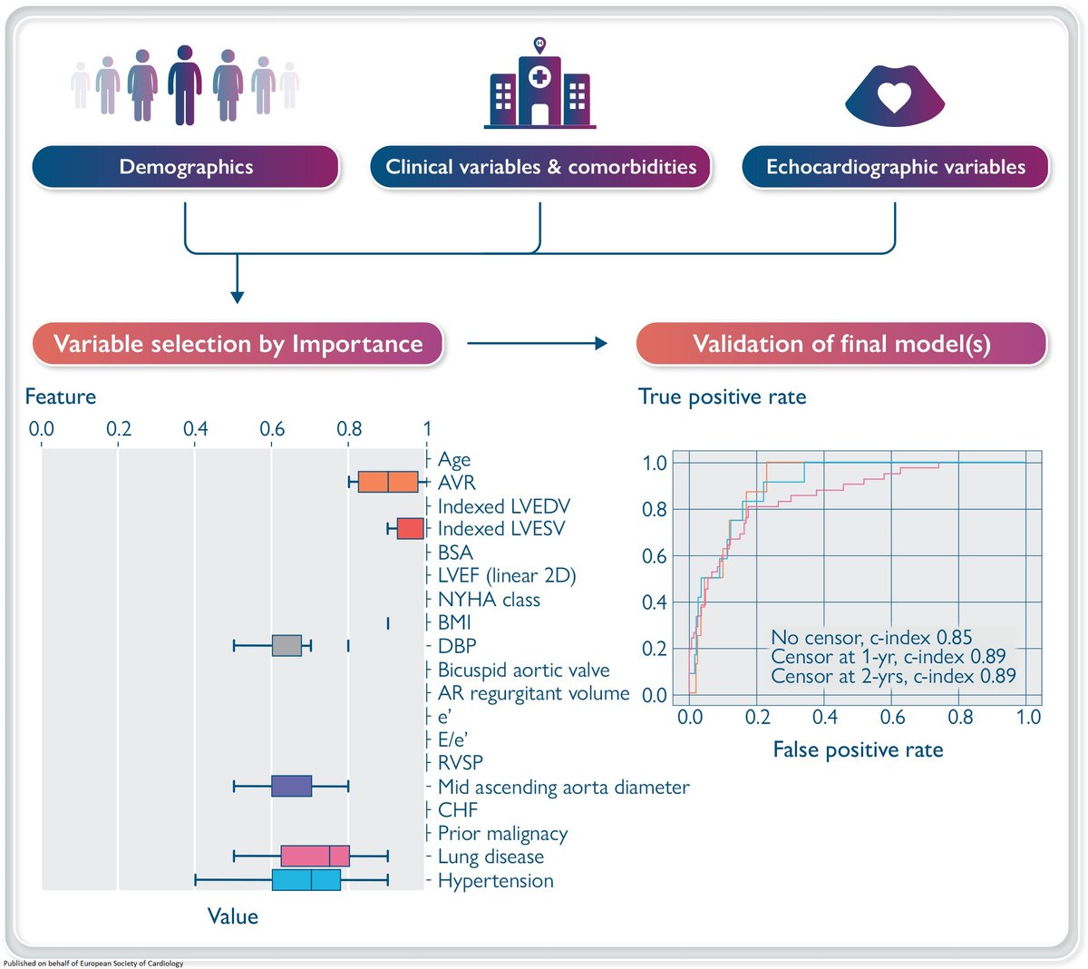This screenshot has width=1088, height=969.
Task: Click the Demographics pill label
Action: pyautogui.click(x=186, y=167)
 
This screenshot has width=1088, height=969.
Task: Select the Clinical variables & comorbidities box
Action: pyautogui.click(x=540, y=167)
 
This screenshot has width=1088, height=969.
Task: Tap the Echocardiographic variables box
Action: pyautogui.click(x=895, y=167)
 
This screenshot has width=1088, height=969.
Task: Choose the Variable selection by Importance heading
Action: pyautogui.click(x=238, y=344)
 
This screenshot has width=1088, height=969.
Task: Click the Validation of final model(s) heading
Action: pyautogui.click(x=841, y=344)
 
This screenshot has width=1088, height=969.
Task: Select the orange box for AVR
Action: pyautogui.click(x=388, y=482)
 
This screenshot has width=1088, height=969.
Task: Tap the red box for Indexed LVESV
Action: pyautogui.click(x=410, y=529)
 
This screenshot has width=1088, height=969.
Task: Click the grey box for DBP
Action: pyautogui.click(x=287, y=645)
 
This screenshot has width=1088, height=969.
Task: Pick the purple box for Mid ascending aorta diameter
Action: pyautogui.click(x=291, y=786)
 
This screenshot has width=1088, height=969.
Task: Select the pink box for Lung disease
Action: pyautogui.click(x=315, y=856)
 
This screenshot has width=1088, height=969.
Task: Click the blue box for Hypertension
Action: pyautogui.click(x=306, y=879)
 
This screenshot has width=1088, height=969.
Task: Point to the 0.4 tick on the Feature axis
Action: pyautogui.click(x=195, y=428)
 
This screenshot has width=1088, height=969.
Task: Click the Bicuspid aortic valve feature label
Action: pyautogui.click(x=523, y=670)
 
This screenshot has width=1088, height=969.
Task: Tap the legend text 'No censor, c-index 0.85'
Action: pyautogui.click(x=870, y=637)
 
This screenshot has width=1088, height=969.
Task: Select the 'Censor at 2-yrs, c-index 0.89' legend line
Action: pyautogui.click(x=893, y=676)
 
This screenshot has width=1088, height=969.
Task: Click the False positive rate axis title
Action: pyautogui.click(x=858, y=749)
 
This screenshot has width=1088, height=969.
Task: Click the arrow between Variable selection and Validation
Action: pyautogui.click(x=537, y=343)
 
